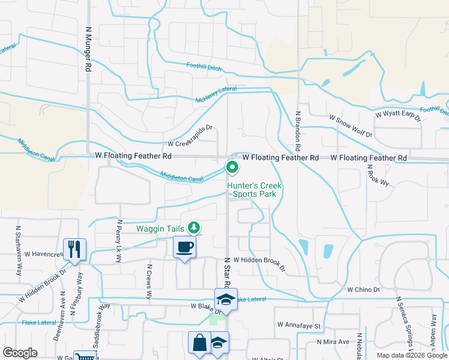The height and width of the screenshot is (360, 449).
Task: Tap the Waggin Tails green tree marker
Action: click(194, 227)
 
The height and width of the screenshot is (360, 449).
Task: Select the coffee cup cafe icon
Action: click(184, 247)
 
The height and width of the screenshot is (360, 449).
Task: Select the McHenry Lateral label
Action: click(216, 95)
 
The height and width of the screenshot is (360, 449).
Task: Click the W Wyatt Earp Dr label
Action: click(398, 114)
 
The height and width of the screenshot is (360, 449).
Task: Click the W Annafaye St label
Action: click(300, 325)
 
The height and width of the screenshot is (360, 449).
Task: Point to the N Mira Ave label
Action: click(333, 341)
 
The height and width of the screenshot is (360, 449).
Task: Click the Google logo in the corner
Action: click(20, 353)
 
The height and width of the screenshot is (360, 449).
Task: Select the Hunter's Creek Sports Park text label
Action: click(255, 190)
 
